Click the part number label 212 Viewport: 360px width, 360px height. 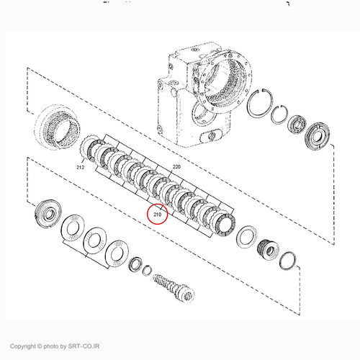[80, 167]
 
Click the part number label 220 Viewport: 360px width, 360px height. [176, 166]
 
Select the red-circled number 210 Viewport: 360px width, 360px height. [157, 215]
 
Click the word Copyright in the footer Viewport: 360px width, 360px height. [22, 346]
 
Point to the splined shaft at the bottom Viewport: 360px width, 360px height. [174, 287]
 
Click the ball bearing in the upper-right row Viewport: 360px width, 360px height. [297, 125]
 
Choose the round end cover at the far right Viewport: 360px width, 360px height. [317, 136]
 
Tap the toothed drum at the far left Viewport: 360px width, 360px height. [58, 127]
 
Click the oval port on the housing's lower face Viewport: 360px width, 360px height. [211, 136]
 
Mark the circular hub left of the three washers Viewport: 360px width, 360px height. [48, 213]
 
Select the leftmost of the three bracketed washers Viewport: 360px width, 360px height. [73, 228]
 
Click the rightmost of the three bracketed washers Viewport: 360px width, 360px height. [117, 253]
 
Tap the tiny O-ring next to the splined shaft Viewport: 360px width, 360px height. [147, 271]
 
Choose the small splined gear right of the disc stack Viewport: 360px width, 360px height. [268, 251]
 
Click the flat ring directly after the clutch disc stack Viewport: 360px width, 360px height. [246, 237]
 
